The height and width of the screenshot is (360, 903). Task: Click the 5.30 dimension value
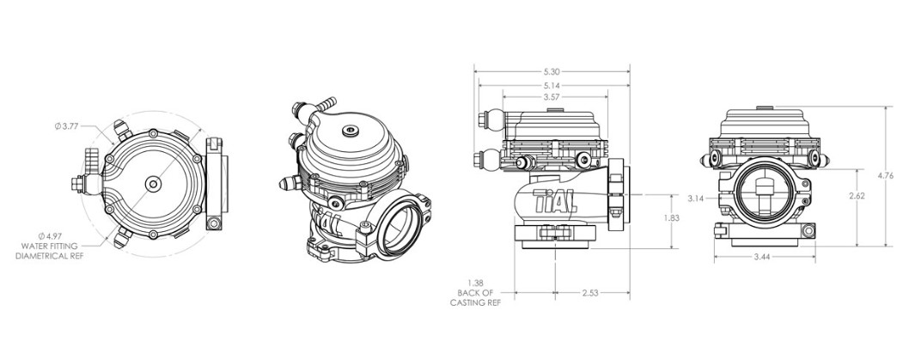(551, 72)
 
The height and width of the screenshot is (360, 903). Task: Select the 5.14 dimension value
(551, 85)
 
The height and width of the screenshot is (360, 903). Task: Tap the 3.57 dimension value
(551, 97)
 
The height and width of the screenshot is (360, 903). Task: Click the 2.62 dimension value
(857, 196)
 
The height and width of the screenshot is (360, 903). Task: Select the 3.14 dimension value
(696, 198)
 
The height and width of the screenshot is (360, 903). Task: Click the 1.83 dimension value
(672, 217)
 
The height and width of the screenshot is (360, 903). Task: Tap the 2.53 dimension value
(589, 293)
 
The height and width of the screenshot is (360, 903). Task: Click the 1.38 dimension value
(475, 283)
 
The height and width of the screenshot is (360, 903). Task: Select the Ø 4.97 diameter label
(49, 236)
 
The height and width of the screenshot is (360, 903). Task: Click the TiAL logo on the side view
(554, 201)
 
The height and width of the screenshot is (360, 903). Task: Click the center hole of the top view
(153, 185)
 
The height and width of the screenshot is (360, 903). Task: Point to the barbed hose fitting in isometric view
(327, 104)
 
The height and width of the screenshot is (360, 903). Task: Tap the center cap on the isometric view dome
(351, 131)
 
